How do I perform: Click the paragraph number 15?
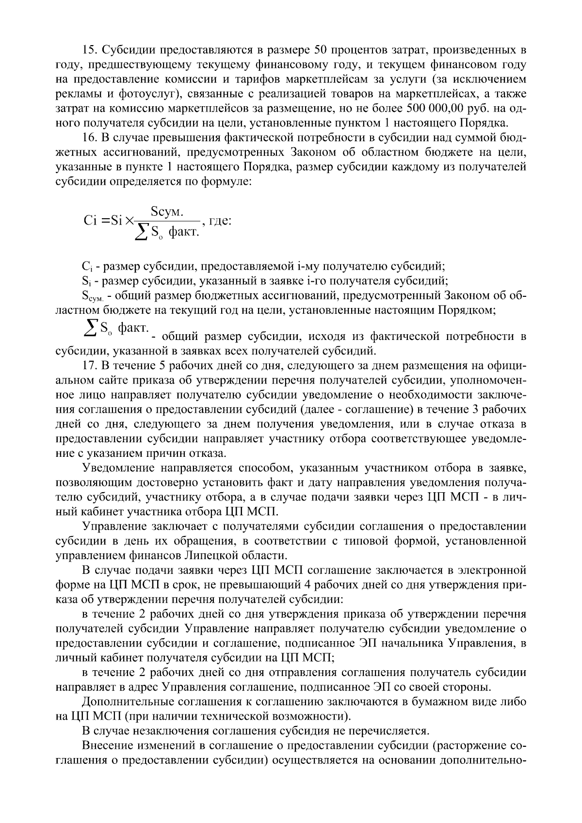pyautogui.click(x=90, y=50)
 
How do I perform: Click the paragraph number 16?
pyautogui.click(x=90, y=138)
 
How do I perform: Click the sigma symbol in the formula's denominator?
pyautogui.click(x=142, y=233)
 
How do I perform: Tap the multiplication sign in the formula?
pyautogui.click(x=129, y=221)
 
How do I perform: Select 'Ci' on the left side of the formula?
pyautogui.click(x=91, y=221)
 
